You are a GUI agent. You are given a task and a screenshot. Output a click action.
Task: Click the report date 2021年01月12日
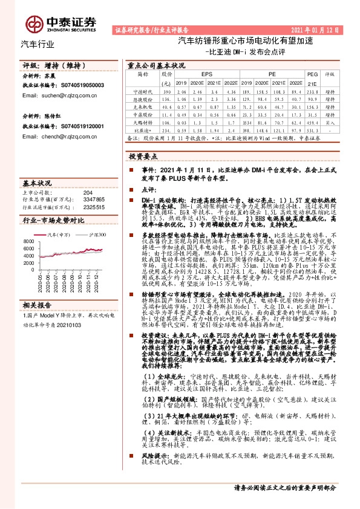point(319,29)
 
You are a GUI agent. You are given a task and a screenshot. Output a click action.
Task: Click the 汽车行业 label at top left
point(38,44)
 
